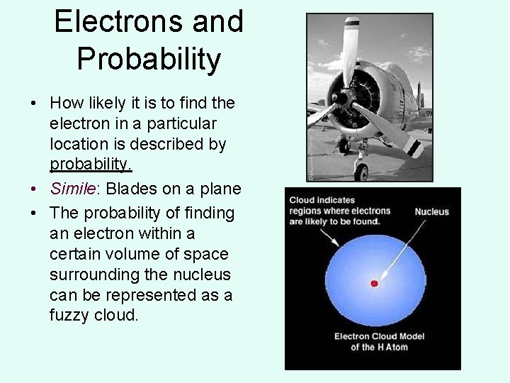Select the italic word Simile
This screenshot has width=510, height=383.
tap(69, 189)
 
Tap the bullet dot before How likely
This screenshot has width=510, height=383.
tap(33, 104)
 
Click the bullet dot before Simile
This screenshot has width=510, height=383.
tap(33, 189)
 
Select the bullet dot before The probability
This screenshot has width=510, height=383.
tap(33, 213)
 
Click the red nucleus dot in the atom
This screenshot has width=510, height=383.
tap(374, 284)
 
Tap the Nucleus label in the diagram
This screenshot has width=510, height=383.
tap(431, 211)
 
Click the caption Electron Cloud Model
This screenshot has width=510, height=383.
tap(379, 336)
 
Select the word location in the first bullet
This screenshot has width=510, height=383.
tap(78, 144)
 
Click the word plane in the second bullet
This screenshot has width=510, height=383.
tap(221, 189)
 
